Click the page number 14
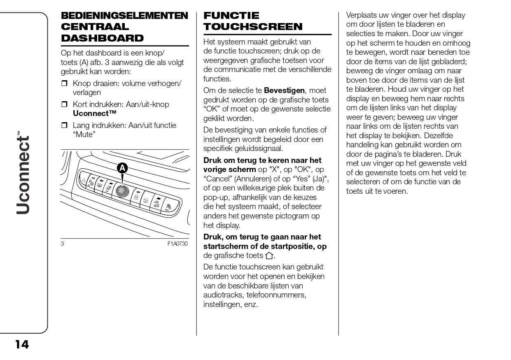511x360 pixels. click(22, 344)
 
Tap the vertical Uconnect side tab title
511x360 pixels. click(23, 173)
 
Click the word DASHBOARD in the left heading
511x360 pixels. click(102, 38)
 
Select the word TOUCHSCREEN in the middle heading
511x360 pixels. click(253, 27)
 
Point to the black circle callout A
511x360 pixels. click(122, 168)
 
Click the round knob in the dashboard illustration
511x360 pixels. click(121, 190)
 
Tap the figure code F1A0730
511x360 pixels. click(177, 244)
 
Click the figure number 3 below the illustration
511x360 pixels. click(63, 244)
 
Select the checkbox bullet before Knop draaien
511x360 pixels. click(64, 84)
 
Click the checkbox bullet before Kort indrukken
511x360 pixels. click(64, 105)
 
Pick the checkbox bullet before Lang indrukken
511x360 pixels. click(64, 125)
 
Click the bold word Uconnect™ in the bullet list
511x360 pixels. click(94, 114)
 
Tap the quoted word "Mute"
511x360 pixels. click(84, 135)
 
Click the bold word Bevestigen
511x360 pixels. click(284, 91)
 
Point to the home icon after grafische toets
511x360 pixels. click(269, 256)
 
